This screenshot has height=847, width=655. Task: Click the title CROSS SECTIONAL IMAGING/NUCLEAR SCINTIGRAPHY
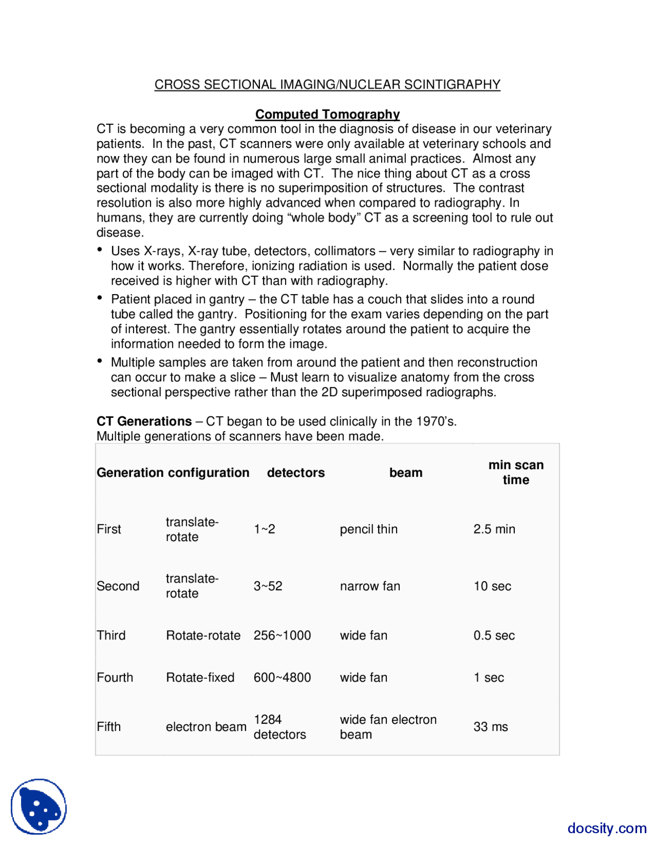click(327, 84)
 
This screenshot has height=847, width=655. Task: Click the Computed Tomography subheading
click(327, 114)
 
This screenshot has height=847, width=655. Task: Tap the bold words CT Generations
click(144, 421)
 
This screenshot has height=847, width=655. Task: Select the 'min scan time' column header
click(515, 472)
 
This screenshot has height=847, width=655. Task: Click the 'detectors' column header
click(296, 473)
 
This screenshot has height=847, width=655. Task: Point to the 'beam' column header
click(406, 473)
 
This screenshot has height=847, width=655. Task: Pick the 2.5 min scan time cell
click(494, 529)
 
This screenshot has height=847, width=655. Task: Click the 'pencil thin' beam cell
click(368, 529)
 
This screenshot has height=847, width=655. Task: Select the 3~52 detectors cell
click(268, 586)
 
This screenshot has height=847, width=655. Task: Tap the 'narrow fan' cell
click(370, 586)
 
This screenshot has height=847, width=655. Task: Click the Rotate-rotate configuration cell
click(203, 635)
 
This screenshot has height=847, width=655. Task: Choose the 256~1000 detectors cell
click(282, 635)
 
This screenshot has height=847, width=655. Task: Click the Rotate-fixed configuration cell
click(200, 677)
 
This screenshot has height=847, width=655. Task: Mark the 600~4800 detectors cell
click(282, 677)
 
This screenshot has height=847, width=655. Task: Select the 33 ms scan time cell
click(490, 727)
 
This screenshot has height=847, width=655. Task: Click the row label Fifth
click(108, 727)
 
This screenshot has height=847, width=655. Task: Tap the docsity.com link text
click(606, 828)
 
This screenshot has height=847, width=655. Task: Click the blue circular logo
click(39, 807)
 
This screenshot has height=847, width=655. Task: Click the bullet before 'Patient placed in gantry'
click(100, 298)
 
